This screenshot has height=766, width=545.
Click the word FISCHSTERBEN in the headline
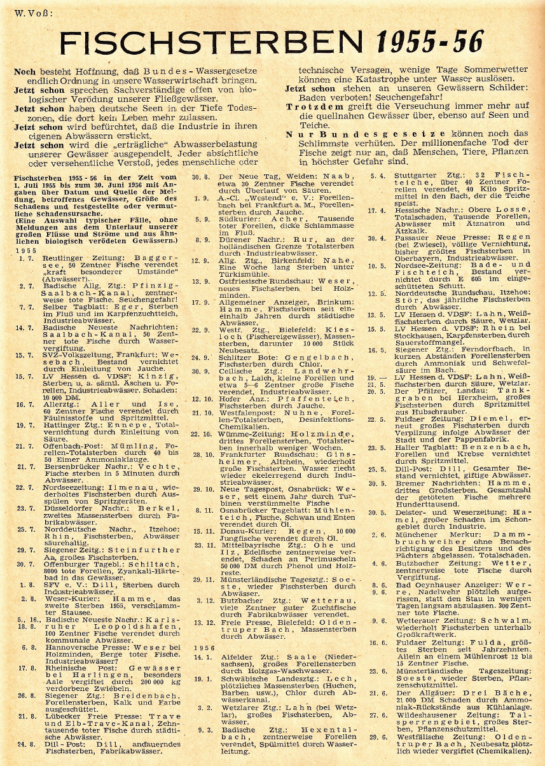coord(216,43)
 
